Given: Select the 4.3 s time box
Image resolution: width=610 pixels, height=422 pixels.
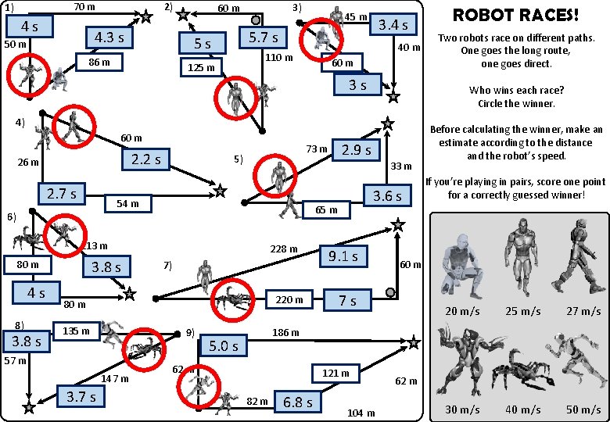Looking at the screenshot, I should click(109, 38).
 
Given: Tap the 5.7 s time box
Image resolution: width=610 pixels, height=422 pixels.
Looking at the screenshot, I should click(263, 38).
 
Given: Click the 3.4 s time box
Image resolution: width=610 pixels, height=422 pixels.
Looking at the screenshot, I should click(393, 25).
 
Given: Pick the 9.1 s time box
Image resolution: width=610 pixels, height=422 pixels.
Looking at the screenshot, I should click(343, 256).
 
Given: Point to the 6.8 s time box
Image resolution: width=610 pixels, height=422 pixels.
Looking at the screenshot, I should click(298, 402).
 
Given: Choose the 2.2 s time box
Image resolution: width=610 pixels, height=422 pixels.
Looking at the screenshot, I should click(145, 159).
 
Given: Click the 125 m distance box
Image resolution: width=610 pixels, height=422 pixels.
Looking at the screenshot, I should click(201, 68).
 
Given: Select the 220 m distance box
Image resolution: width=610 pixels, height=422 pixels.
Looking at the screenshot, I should click(289, 299).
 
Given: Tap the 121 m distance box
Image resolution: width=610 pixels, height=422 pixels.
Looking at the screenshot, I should click(335, 373).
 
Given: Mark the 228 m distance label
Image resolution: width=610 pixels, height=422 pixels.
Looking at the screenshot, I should click(283, 249).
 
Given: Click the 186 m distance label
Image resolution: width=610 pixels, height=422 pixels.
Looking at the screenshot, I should click(285, 333).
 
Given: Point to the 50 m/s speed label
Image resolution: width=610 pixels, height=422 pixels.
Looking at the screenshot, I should click(583, 409).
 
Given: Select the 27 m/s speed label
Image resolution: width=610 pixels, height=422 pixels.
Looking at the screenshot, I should click(583, 311).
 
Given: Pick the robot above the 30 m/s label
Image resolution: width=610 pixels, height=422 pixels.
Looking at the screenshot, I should click(461, 363).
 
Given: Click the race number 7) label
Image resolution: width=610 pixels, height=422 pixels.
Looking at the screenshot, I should click(167, 266).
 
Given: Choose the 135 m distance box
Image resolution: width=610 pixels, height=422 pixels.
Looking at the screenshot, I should click(76, 331).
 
